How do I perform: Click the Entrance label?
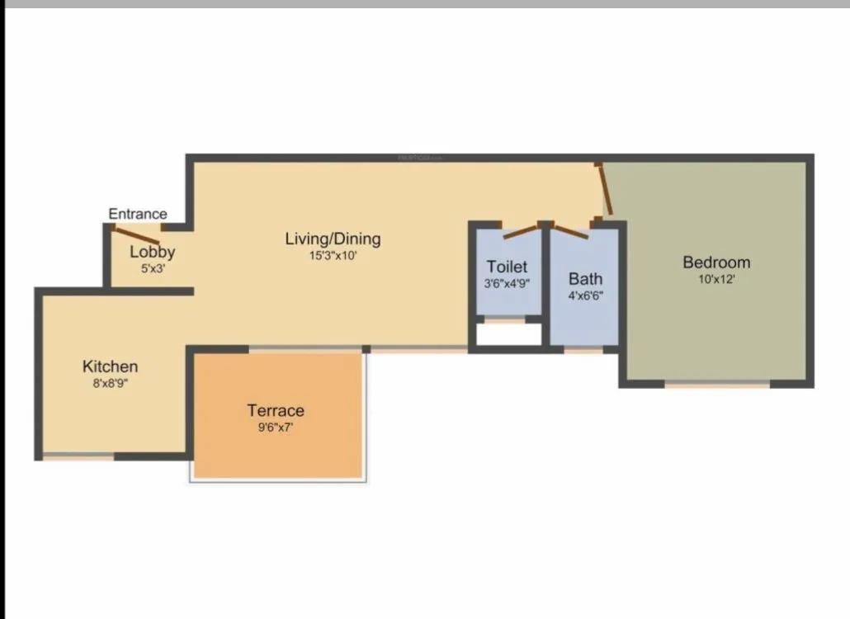[x=138, y=215]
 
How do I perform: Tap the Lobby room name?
[x=152, y=253]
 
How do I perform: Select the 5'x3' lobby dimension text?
[x=152, y=268]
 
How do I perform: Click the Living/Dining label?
[x=333, y=239]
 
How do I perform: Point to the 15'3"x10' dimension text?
[x=333, y=256]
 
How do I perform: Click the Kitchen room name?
[x=110, y=366]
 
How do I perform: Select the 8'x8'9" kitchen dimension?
[x=110, y=383]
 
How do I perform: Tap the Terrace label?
[x=276, y=410]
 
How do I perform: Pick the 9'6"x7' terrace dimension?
[x=276, y=427]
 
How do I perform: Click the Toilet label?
[x=507, y=267]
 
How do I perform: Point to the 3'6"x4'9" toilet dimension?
[x=507, y=283]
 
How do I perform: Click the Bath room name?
[x=585, y=279]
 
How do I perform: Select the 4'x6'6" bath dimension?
[x=585, y=295]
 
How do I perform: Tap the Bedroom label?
[x=716, y=262]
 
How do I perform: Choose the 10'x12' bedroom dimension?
[x=716, y=279]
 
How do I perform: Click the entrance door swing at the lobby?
[x=136, y=234]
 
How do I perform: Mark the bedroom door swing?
[x=604, y=190]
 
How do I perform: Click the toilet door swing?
[x=520, y=231]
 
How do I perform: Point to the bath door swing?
[x=571, y=232]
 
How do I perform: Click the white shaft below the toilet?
[x=508, y=334]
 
